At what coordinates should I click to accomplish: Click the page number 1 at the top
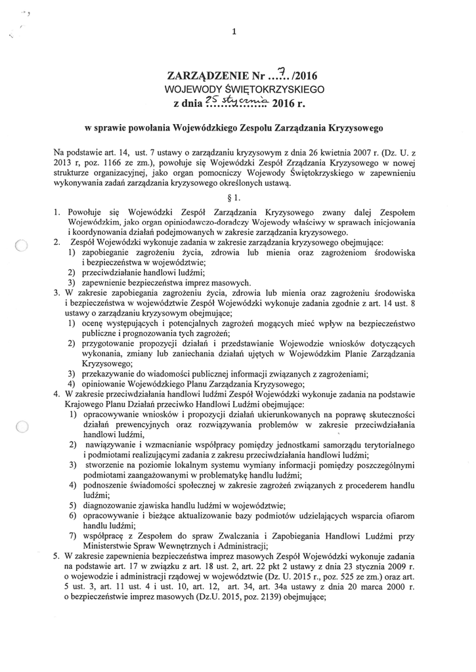point(234,31)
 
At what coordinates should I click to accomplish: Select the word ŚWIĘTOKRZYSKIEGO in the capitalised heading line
point(279,89)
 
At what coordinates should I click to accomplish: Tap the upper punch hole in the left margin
point(20,247)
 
